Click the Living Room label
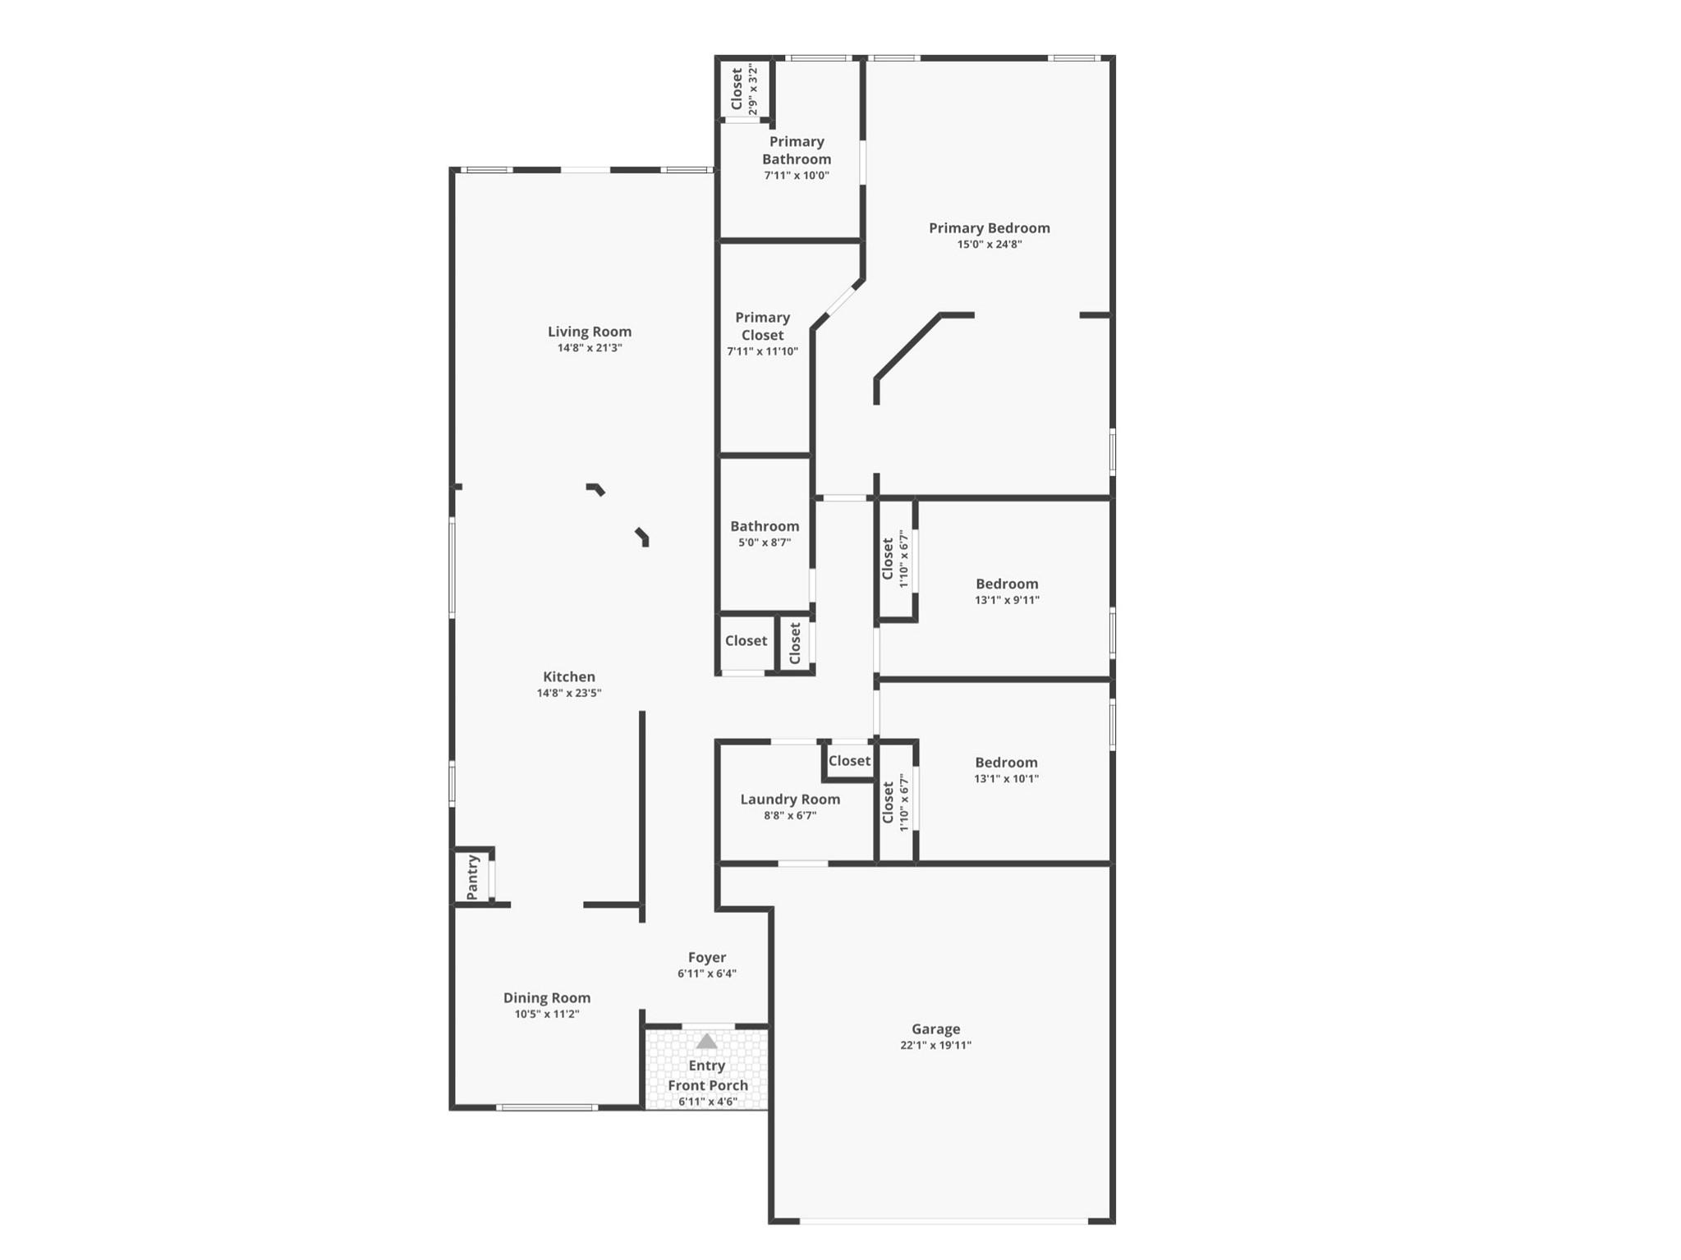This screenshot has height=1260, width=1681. point(590,332)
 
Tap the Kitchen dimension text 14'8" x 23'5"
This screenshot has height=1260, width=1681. point(569,693)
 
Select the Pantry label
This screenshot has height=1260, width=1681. point(473,877)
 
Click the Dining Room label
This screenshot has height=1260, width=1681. point(547,998)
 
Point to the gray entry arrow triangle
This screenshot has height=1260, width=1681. point(706,1042)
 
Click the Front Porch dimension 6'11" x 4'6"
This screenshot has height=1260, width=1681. point(708,1102)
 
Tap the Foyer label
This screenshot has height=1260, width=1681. point(707,957)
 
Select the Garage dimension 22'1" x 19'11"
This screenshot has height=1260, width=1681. point(935,1045)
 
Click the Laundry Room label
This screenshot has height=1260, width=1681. point(790,799)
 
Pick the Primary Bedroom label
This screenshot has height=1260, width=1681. point(990,228)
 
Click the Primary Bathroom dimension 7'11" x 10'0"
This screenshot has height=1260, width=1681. point(797,176)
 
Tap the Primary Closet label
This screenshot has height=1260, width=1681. point(762,326)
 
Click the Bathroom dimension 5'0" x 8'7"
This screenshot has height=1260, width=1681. point(765,543)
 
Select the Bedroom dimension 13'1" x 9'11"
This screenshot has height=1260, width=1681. point(1007,600)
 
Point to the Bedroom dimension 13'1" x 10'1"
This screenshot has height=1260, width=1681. point(1006,779)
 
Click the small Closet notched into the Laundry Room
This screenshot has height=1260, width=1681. point(849,761)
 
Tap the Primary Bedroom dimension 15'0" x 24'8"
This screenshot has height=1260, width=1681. point(990,245)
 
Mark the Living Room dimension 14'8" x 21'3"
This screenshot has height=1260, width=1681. point(590,348)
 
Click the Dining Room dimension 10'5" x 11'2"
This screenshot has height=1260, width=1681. point(547,1014)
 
